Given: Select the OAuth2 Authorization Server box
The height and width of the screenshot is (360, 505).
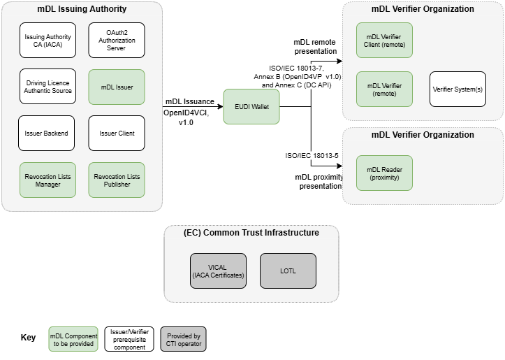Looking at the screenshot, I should pyautogui.click(x=116, y=41).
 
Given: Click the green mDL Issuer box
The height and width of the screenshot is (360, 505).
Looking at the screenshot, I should pyautogui.click(x=116, y=87).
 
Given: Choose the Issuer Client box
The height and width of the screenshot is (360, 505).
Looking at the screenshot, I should pyautogui.click(x=116, y=133).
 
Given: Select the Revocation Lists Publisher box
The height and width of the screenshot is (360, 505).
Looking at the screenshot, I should pyautogui.click(x=116, y=180).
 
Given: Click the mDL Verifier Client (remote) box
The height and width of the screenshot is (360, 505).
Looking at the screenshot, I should pyautogui.click(x=384, y=41).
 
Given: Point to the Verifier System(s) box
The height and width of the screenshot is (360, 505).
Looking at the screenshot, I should pyautogui.click(x=458, y=89).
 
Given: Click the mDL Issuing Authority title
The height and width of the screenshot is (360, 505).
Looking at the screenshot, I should pyautogui.click(x=82, y=9).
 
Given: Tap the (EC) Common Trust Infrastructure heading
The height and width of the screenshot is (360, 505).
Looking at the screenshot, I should pyautogui.click(x=251, y=233).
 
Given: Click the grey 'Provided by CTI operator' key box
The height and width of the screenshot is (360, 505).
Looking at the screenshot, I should pyautogui.click(x=183, y=338).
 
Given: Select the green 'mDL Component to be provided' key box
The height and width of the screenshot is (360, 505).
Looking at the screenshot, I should pyautogui.click(x=73, y=338).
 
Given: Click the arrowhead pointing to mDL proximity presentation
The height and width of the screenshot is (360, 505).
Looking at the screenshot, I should pyautogui.click(x=339, y=147).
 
